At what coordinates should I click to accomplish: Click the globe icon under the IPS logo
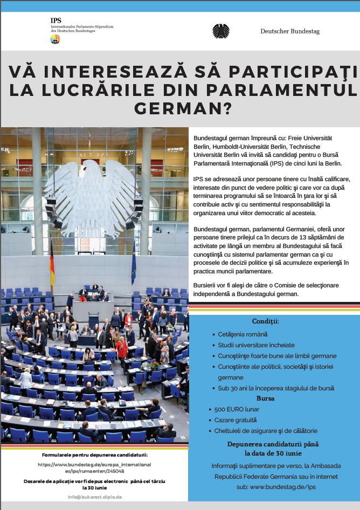[x=55, y=39]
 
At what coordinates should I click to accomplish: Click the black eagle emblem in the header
[x=220, y=31]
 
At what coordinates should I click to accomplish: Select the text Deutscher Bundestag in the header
[x=290, y=31]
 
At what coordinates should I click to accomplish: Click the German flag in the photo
[x=52, y=264]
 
